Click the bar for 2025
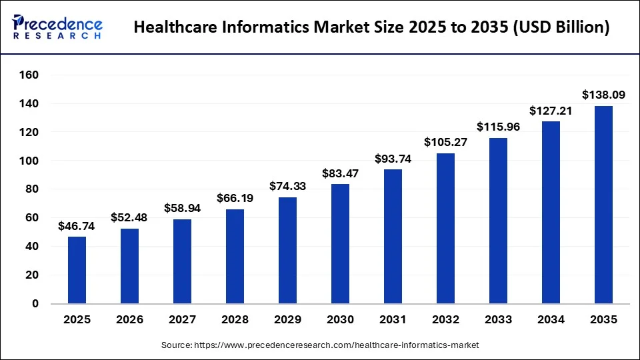[77, 270]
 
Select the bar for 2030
[340, 244]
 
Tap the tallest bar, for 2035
[603, 205]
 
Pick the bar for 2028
[235, 256]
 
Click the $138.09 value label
[603, 95]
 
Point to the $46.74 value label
[77, 226]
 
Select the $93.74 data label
[393, 159]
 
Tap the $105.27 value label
[445, 143]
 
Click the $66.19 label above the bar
[235, 198]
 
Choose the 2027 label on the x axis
[182, 320]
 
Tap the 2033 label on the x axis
[498, 320]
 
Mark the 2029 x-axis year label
[287, 320]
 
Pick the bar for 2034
[551, 213]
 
